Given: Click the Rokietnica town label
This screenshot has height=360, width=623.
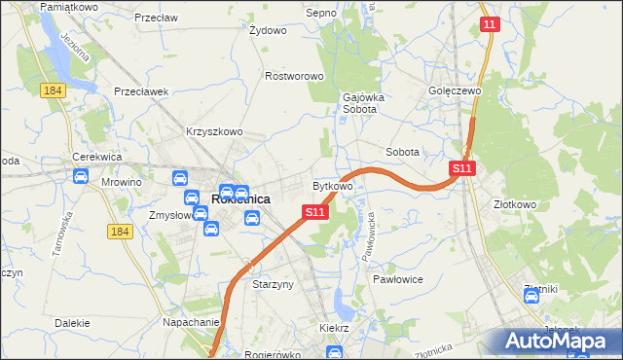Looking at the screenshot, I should coord(240,199).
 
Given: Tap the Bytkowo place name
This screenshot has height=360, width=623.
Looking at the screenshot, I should coord(332,185).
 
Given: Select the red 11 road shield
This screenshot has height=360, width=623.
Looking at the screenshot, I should coord(490,24).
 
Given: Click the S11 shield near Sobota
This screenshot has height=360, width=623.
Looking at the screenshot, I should coord(462,168).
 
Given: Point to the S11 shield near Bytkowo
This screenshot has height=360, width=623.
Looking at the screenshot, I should coord(313,211).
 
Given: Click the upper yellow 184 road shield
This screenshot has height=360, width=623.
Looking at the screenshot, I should coord(53,90).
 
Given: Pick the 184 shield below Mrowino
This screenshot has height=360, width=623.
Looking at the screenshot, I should coord(120,232).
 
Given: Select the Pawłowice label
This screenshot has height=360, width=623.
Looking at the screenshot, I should coord(396,278).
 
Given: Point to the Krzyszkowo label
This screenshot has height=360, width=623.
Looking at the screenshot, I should coord(213,131).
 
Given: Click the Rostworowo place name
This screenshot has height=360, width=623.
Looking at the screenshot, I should coord(294,76).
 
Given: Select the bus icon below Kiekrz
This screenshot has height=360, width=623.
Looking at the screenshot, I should coord(335,353).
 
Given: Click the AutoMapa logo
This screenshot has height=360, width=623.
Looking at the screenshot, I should coord(558,341).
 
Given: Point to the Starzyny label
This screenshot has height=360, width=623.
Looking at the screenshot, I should coord(273,285).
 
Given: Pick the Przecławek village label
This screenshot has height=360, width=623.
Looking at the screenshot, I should coord(142,91).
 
